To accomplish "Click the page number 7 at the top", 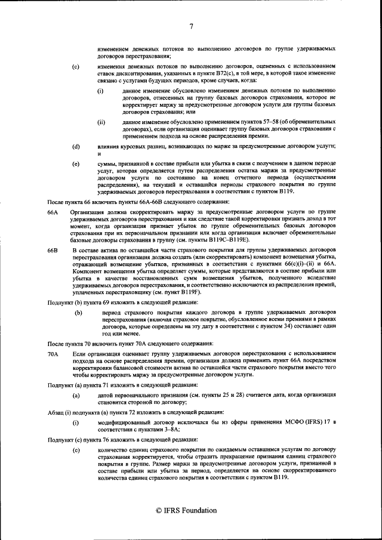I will [191, 26].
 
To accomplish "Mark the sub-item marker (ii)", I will [101, 122].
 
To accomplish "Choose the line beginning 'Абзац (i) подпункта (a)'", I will [124, 412].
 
